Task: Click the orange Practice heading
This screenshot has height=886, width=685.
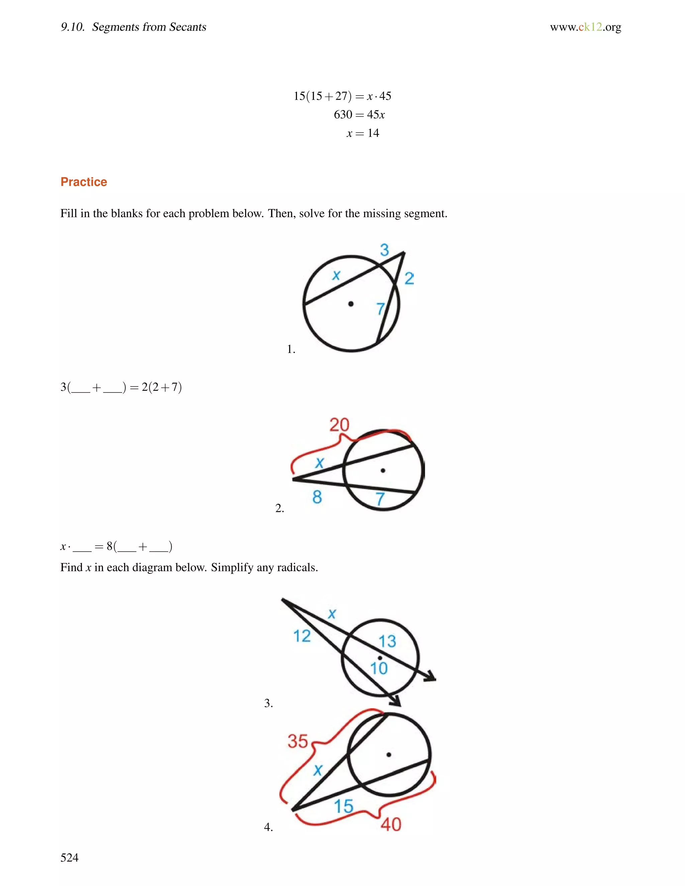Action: (x=84, y=182)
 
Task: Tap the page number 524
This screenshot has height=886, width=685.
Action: (x=69, y=857)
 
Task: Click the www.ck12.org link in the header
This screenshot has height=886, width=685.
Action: (x=585, y=27)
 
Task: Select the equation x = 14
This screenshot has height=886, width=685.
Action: (x=363, y=133)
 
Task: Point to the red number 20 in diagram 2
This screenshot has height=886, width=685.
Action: (x=339, y=425)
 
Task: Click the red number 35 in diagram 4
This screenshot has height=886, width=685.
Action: (x=298, y=741)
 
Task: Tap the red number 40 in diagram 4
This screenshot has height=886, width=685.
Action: (x=391, y=824)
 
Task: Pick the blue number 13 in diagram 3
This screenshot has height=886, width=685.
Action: (x=387, y=641)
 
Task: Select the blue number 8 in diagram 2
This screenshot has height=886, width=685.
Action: (x=317, y=496)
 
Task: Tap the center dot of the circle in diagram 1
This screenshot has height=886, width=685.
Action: (x=351, y=304)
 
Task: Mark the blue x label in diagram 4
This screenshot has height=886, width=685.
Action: (x=318, y=770)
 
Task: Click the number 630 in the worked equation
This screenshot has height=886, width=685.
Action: (x=343, y=115)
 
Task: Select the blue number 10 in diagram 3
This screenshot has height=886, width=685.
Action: (x=379, y=668)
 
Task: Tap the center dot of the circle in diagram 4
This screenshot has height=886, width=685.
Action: (x=389, y=755)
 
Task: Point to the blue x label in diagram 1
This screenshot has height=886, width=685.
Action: (x=336, y=275)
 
